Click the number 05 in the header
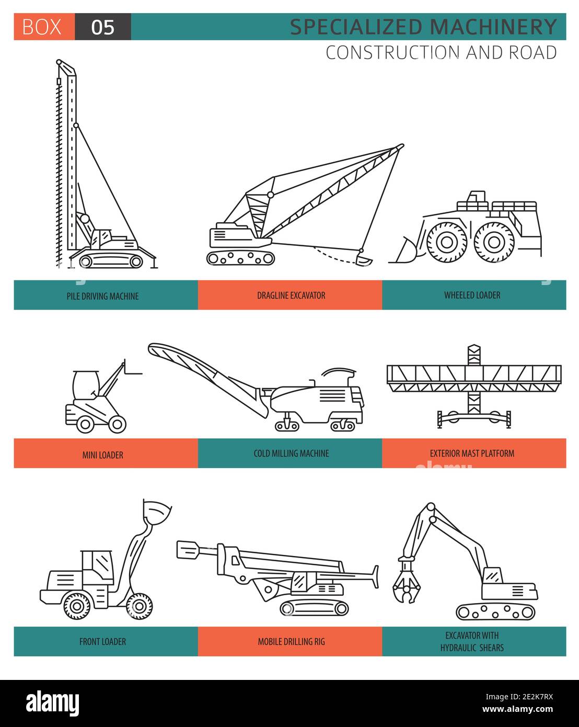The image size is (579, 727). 102,27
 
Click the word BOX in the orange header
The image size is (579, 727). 42,27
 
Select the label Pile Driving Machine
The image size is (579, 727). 103,296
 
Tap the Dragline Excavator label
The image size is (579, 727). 291,296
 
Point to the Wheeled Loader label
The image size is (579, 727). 472,295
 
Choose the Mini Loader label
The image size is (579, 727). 103,455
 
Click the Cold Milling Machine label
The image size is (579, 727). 291,453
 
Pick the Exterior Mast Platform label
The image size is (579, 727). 472,453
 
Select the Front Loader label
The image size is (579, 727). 103,642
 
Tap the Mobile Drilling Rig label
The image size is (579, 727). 291,642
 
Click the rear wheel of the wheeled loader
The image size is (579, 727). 491,241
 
